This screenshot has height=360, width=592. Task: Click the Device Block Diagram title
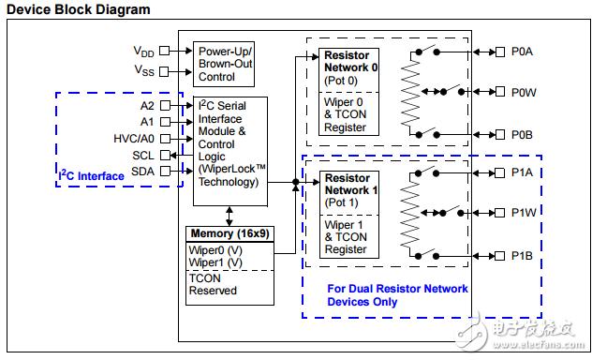pyautogui.click(x=79, y=9)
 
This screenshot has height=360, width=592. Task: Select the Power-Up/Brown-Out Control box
pyautogui.click(x=224, y=64)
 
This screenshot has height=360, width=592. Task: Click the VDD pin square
pyautogui.click(x=164, y=51)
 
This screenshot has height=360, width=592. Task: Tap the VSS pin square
pyautogui.click(x=164, y=71)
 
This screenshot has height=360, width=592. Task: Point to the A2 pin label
pyautogui.click(x=147, y=106)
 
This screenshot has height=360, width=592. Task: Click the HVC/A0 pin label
pyautogui.click(x=134, y=139)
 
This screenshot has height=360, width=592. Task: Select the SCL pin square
pyautogui.click(x=165, y=155)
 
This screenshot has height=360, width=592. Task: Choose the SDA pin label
pyautogui.click(x=142, y=172)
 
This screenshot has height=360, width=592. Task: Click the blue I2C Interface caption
pyautogui.click(x=91, y=175)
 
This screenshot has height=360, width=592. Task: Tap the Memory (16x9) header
pyautogui.click(x=229, y=233)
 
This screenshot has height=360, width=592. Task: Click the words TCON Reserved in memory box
pyautogui.click(x=213, y=284)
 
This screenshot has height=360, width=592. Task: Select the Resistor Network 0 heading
pyautogui.click(x=350, y=61)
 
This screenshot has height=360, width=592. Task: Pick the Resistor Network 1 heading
pyautogui.click(x=351, y=184)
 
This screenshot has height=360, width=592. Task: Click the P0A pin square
pyautogui.click(x=500, y=52)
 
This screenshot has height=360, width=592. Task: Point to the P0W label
pyautogui.click(x=524, y=93)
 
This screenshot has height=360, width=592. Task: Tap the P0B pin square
pyautogui.click(x=500, y=134)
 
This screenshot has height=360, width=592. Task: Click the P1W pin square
pyautogui.click(x=499, y=213)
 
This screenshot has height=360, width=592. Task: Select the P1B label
pyautogui.click(x=522, y=256)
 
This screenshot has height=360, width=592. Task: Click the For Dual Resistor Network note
pyautogui.click(x=397, y=295)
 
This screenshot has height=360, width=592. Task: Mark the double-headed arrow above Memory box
pyautogui.click(x=229, y=216)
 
